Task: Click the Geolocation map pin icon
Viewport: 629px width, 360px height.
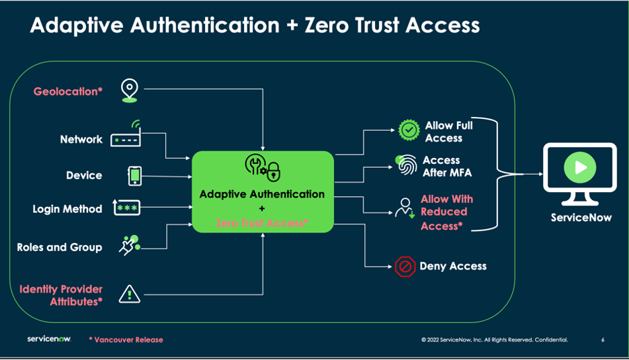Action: (x=129, y=91)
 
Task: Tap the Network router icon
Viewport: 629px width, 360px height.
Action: (x=126, y=136)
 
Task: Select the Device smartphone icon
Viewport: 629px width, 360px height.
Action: (x=135, y=176)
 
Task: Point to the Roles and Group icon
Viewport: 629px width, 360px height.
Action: (x=130, y=246)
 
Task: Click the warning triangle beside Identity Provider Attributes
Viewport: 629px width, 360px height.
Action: (x=129, y=294)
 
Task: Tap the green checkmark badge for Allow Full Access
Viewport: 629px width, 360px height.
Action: (x=409, y=129)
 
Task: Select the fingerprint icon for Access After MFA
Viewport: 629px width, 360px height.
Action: (x=405, y=165)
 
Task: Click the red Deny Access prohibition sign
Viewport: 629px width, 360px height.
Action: (x=405, y=267)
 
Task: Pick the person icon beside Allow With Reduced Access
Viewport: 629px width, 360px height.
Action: (x=405, y=208)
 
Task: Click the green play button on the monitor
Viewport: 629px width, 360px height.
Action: (x=580, y=167)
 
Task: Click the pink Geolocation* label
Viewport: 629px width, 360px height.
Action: (x=68, y=91)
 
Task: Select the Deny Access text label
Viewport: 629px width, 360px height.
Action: (x=453, y=267)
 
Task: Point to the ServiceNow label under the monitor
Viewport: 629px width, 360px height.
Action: (x=581, y=218)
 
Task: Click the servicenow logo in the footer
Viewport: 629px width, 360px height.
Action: (x=49, y=339)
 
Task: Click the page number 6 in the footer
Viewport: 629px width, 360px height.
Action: (x=603, y=340)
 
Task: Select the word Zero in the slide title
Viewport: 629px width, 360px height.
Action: (x=333, y=26)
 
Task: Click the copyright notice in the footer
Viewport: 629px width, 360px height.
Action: (x=495, y=340)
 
